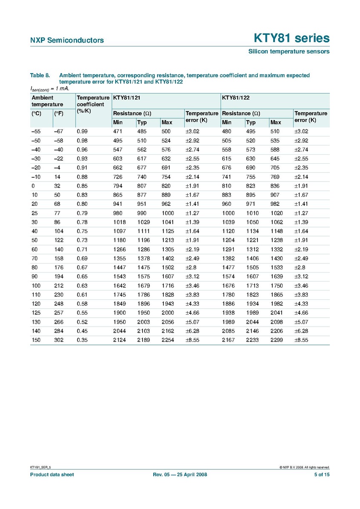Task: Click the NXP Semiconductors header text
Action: click(67, 40)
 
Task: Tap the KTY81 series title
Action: click(291, 38)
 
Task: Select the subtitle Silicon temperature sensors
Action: click(289, 51)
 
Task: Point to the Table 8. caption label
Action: click(40, 75)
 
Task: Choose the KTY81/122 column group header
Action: click(235, 98)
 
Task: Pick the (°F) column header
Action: click(59, 114)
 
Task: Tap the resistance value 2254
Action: click(168, 340)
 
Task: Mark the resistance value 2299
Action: click(277, 340)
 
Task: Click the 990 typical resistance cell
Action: click(142, 213)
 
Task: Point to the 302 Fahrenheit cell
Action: click(59, 340)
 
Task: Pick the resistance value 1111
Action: click(143, 231)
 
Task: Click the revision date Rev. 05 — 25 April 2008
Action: click(180, 475)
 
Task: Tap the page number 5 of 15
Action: click(321, 475)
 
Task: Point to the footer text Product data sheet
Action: click(51, 475)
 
